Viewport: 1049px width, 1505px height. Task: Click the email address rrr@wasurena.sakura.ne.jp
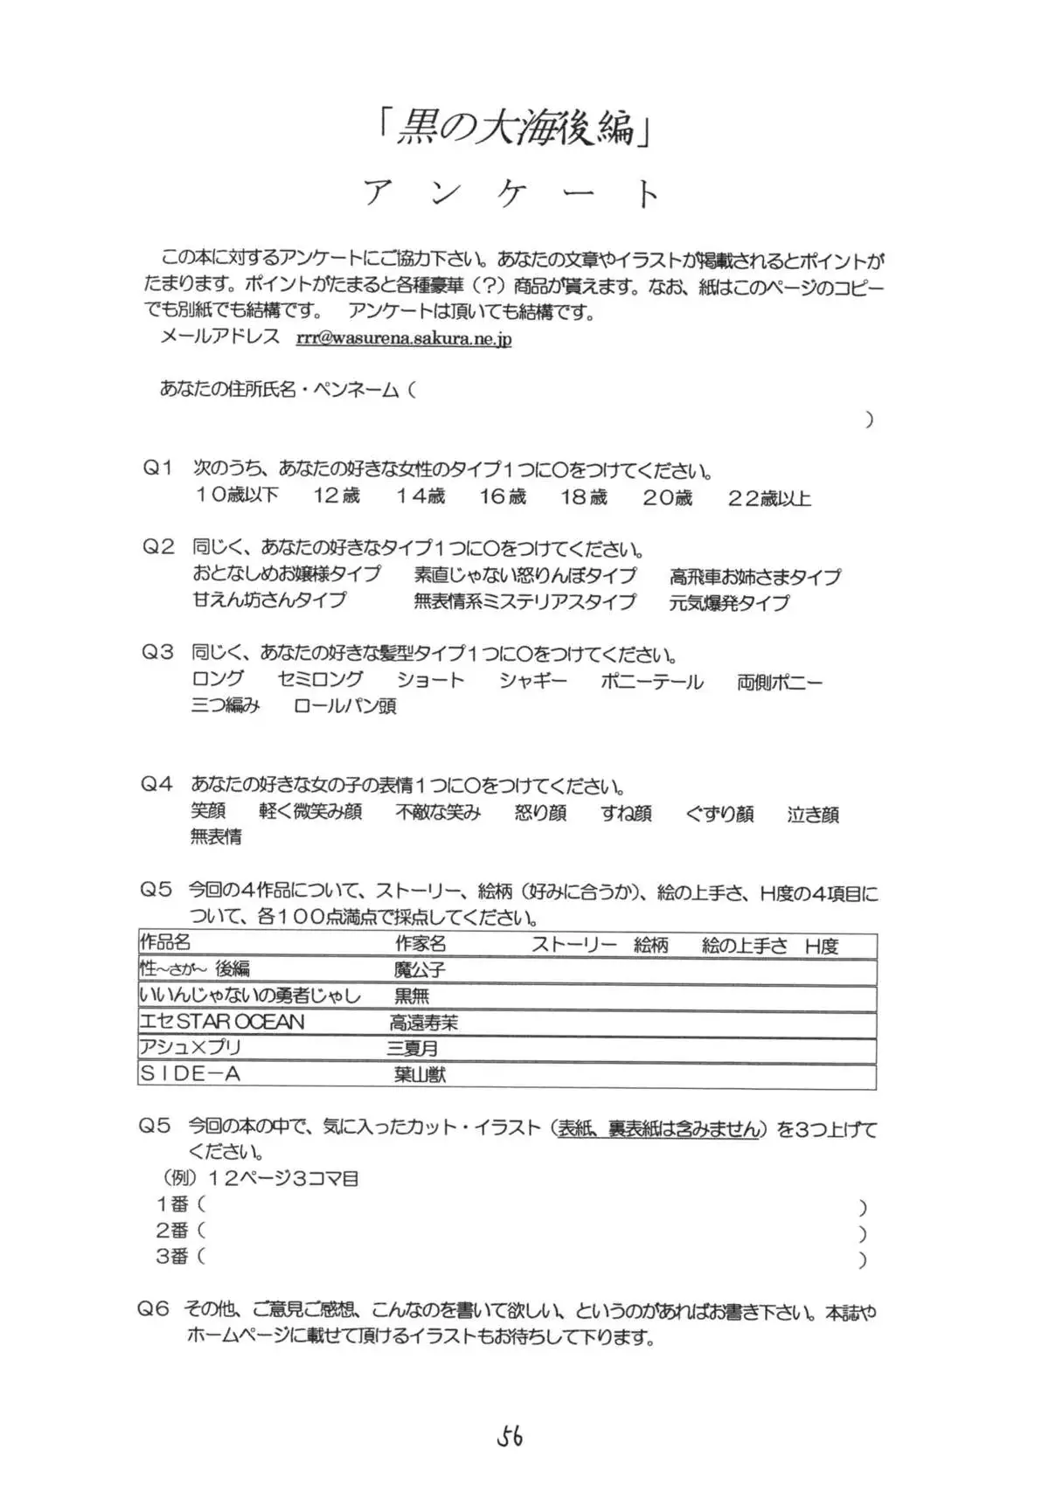[x=404, y=338]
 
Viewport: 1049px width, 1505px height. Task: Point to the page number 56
[x=510, y=1435]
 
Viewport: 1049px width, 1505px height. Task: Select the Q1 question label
[x=158, y=468]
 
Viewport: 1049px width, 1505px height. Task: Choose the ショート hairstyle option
[x=430, y=680]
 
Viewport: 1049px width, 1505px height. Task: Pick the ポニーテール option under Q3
[x=651, y=681]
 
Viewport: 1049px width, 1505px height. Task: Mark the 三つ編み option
[x=226, y=705]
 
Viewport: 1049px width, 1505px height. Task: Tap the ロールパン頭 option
[x=345, y=706]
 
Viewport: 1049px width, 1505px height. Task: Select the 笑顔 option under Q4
[x=208, y=810]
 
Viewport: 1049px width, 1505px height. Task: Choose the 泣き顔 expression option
[x=813, y=814]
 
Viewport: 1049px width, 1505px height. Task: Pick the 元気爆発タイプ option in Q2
[x=729, y=602]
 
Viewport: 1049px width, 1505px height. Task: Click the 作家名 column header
[x=420, y=943]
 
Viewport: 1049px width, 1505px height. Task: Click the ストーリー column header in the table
[x=573, y=945]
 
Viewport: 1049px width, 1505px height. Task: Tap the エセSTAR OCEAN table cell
[x=222, y=1021]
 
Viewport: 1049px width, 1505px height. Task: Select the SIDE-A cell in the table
[x=190, y=1074]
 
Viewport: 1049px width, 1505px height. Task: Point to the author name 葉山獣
[x=420, y=1074]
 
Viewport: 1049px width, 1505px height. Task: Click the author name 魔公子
[x=420, y=969]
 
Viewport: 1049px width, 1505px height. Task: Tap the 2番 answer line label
[x=172, y=1230]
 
